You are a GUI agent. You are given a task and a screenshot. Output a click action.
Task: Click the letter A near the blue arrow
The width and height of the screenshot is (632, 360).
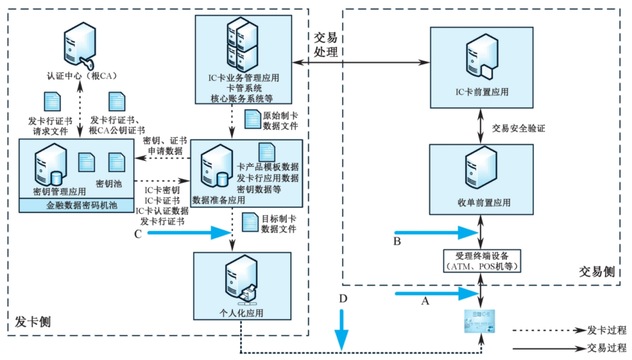coord(425,301)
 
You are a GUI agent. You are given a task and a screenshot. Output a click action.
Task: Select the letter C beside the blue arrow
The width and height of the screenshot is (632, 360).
coord(138,234)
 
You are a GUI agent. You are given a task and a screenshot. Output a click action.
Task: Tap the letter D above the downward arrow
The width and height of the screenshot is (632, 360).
coord(344,299)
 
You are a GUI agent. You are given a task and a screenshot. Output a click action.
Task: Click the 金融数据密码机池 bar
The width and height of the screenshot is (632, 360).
coord(76,206)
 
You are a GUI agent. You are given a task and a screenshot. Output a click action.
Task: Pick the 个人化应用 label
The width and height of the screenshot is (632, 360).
coord(244,313)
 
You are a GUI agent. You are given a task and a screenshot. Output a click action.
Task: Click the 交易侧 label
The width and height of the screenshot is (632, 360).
coord(596,272)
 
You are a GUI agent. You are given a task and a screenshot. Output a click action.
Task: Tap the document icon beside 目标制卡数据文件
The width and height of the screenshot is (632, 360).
coord(251,222)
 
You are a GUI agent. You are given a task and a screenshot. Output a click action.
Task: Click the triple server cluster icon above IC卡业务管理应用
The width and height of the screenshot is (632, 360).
coord(243,44)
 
